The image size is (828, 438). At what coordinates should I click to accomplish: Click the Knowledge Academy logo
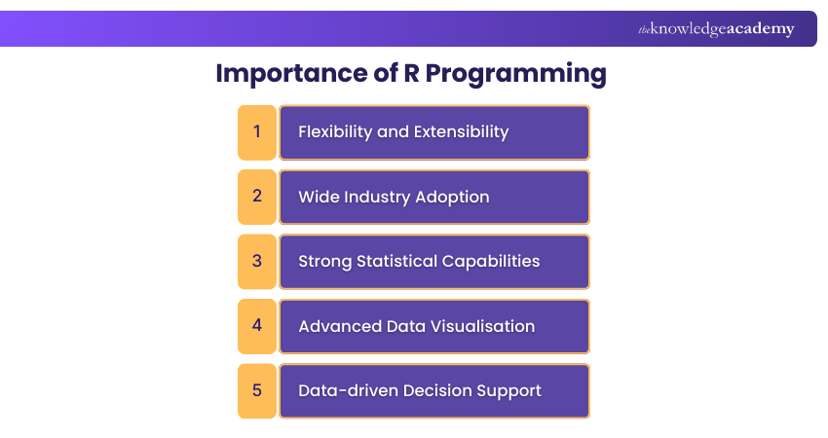click(x=716, y=29)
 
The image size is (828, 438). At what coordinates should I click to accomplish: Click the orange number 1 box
click(x=257, y=131)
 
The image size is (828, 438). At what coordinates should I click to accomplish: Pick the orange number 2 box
click(x=257, y=196)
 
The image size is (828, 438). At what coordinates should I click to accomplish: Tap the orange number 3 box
click(x=257, y=261)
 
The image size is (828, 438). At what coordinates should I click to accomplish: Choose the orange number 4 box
click(x=257, y=325)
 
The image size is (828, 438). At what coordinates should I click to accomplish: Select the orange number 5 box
click(x=257, y=390)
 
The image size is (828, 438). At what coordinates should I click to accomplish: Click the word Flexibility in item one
click(x=335, y=131)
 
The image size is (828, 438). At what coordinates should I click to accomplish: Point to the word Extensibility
click(x=461, y=131)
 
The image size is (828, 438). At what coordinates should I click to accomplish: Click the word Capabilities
click(x=494, y=262)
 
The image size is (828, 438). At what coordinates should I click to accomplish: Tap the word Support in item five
click(x=508, y=391)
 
